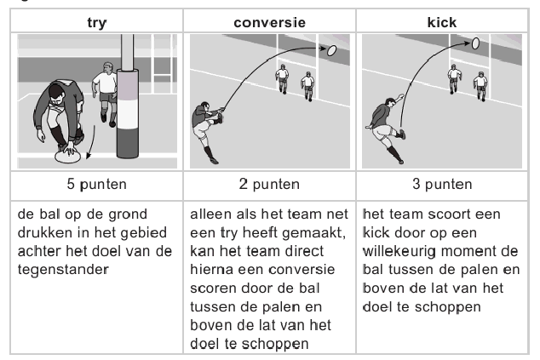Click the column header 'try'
click(x=97, y=23)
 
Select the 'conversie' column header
click(x=270, y=23)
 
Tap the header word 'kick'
click(x=442, y=22)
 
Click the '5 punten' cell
click(x=97, y=185)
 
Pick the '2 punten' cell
click(x=269, y=185)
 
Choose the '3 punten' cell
click(x=442, y=185)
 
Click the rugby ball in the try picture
click(x=68, y=157)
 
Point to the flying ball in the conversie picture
click(x=331, y=50)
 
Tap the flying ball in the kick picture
click(x=475, y=43)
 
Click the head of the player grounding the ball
click(x=56, y=94)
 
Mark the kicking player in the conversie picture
click(x=207, y=131)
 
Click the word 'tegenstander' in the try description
click(x=63, y=270)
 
